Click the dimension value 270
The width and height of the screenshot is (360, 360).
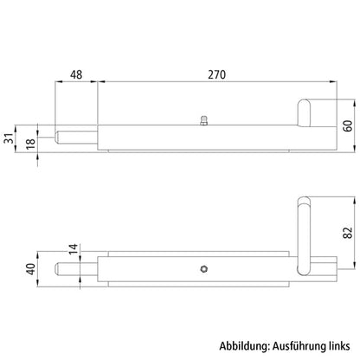216,74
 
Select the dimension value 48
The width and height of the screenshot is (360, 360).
76,74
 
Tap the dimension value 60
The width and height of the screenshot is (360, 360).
348,125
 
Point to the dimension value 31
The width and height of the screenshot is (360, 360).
9,138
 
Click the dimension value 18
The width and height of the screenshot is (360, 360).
30,143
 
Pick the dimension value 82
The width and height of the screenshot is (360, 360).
348,233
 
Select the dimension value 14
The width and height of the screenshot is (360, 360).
74,249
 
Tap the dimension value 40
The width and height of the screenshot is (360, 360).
31,269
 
